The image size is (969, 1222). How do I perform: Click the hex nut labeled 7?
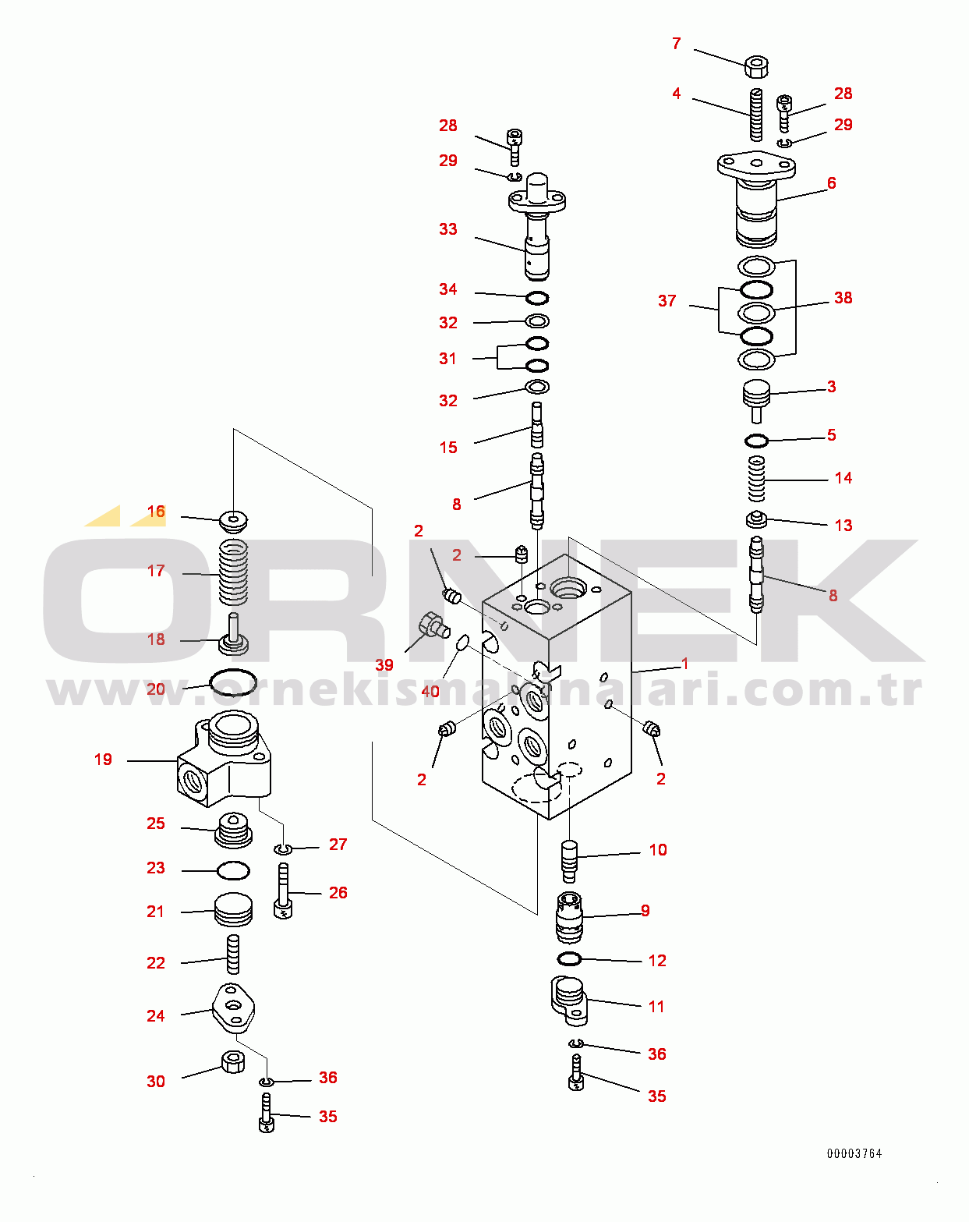[x=755, y=66]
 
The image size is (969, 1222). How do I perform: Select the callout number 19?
[x=103, y=760]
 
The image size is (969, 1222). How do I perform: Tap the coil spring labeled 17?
[x=233, y=573]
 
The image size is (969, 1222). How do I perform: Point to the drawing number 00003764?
[x=854, y=1153]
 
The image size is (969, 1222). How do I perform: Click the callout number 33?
[x=447, y=229]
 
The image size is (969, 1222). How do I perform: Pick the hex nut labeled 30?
[x=232, y=1061]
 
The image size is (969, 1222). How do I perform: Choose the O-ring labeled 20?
[x=232, y=683]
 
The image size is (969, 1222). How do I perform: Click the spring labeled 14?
[x=756, y=478]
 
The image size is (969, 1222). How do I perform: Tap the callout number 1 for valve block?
[x=684, y=664]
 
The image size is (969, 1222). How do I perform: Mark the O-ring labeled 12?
[x=570, y=958]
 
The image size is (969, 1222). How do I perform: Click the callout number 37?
[x=667, y=301]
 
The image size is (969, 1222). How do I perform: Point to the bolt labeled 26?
[x=283, y=891]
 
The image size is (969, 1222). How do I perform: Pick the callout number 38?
[x=843, y=298]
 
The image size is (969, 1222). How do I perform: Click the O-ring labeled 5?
[x=756, y=441]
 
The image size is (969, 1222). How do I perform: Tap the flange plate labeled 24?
[x=233, y=1008]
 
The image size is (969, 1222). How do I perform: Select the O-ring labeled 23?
[x=232, y=870]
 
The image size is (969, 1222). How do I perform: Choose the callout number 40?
[x=430, y=692]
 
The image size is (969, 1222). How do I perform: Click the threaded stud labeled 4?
[x=756, y=114]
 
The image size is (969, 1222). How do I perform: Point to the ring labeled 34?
[x=537, y=298]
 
